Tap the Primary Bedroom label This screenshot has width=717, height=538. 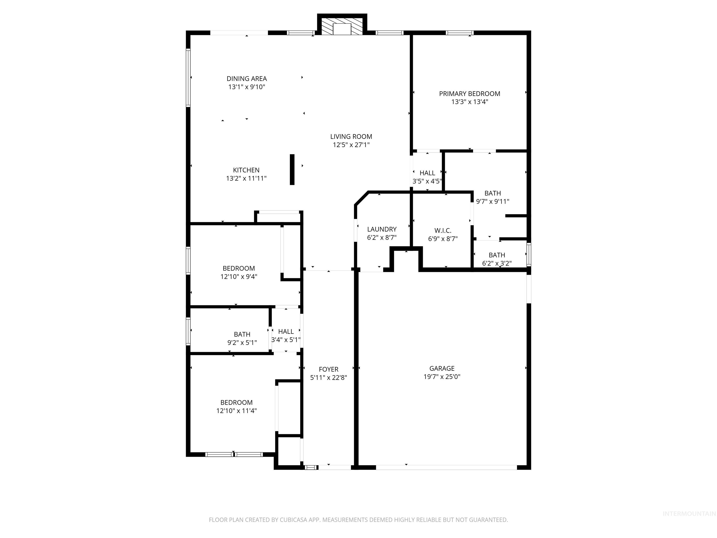pyautogui.click(x=469, y=94)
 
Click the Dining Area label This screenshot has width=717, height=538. pyautogui.click(x=247, y=78)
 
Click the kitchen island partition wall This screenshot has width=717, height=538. pyautogui.click(x=292, y=170)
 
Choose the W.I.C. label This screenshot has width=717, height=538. pyautogui.click(x=443, y=230)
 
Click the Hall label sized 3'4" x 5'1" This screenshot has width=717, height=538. pyautogui.click(x=286, y=331)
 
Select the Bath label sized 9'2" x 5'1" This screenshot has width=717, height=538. pyautogui.click(x=242, y=334)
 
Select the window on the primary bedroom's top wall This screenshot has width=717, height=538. pyautogui.click(x=459, y=33)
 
